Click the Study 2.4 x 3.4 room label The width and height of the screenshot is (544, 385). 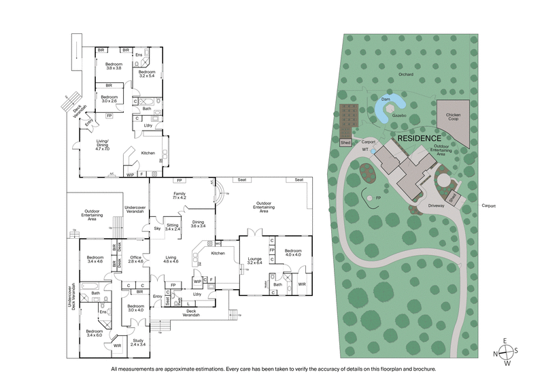click(137, 342)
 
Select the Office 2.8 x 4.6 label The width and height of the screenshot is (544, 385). click(137, 258)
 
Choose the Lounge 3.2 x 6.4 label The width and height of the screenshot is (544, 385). click(256, 261)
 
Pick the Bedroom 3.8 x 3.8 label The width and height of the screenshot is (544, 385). click(113, 66)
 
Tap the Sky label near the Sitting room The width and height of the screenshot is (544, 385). click(157, 229)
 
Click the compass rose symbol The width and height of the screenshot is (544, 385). click(507, 352)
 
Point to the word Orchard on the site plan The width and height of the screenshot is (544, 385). click(407, 74)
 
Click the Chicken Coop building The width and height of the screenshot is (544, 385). click(453, 118)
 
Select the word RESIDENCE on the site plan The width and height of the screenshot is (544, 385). click(420, 137)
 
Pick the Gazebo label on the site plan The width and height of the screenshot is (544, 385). click(398, 116)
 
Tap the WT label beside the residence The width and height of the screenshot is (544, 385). click(365, 148)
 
